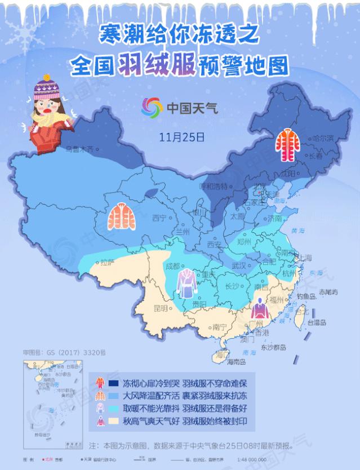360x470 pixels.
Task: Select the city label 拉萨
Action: (x=108, y=261)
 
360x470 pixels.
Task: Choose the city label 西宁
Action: (x=160, y=218)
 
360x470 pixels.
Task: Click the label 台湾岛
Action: (x=319, y=322)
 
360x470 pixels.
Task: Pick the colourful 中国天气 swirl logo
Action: (x=150, y=107)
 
